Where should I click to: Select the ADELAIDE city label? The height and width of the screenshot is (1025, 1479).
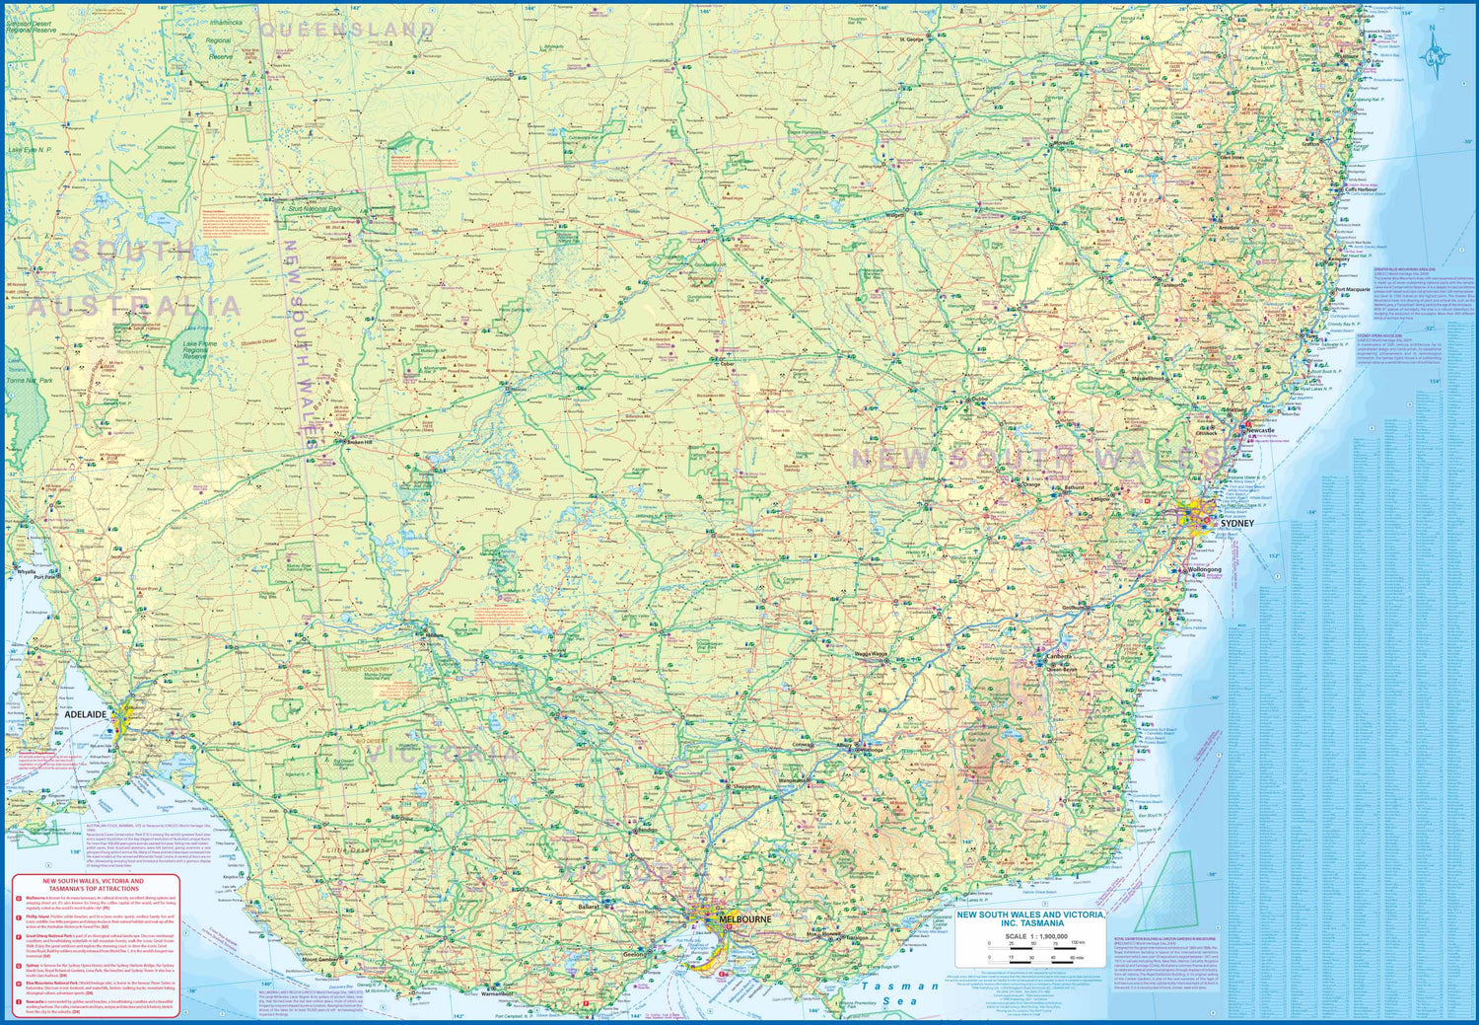(87, 713)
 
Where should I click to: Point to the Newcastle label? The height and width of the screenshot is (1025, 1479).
(1260, 431)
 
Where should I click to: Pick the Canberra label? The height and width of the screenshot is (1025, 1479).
(1059, 656)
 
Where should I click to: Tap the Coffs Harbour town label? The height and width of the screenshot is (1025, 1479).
(1362, 189)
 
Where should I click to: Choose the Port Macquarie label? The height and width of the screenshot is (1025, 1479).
(1354, 290)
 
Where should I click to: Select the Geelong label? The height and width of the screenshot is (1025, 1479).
(636, 955)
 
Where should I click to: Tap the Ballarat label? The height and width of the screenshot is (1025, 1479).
(589, 906)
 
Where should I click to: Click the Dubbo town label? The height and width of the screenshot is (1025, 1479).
(979, 400)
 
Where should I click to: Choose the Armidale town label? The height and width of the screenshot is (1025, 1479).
(1230, 228)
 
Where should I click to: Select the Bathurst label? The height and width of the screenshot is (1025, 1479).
(1074, 487)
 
